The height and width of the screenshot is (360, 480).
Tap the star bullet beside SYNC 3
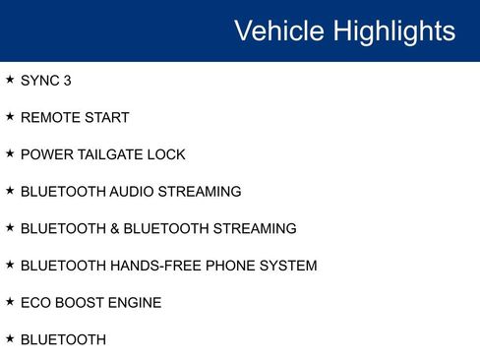[x=10, y=80]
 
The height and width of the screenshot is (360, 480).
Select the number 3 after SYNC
[x=67, y=81]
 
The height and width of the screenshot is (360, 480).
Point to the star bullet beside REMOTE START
[x=10, y=116]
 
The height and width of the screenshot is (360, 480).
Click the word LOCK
[x=168, y=154]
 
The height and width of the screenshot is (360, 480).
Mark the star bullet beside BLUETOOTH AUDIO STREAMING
[x=10, y=190]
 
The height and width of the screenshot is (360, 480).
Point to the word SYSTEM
[x=289, y=266]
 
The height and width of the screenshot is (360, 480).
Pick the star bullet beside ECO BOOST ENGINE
[x=10, y=301]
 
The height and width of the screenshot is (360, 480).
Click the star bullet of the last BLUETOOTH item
[x=10, y=337]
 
